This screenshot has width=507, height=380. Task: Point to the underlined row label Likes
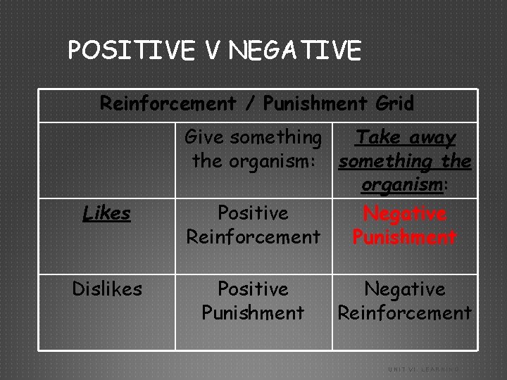click(x=106, y=213)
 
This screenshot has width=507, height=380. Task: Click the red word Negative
click(x=404, y=213)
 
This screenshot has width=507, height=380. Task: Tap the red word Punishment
click(x=404, y=236)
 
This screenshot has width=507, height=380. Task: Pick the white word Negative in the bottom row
click(x=404, y=289)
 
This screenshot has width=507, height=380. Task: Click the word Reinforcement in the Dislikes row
click(x=404, y=312)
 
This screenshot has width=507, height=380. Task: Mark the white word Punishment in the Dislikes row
click(x=253, y=312)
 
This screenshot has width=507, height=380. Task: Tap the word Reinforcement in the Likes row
click(x=253, y=236)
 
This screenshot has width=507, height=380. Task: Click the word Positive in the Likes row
click(x=253, y=213)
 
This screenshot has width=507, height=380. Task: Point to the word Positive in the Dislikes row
click(x=253, y=289)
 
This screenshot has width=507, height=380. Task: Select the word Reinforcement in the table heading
click(x=168, y=103)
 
